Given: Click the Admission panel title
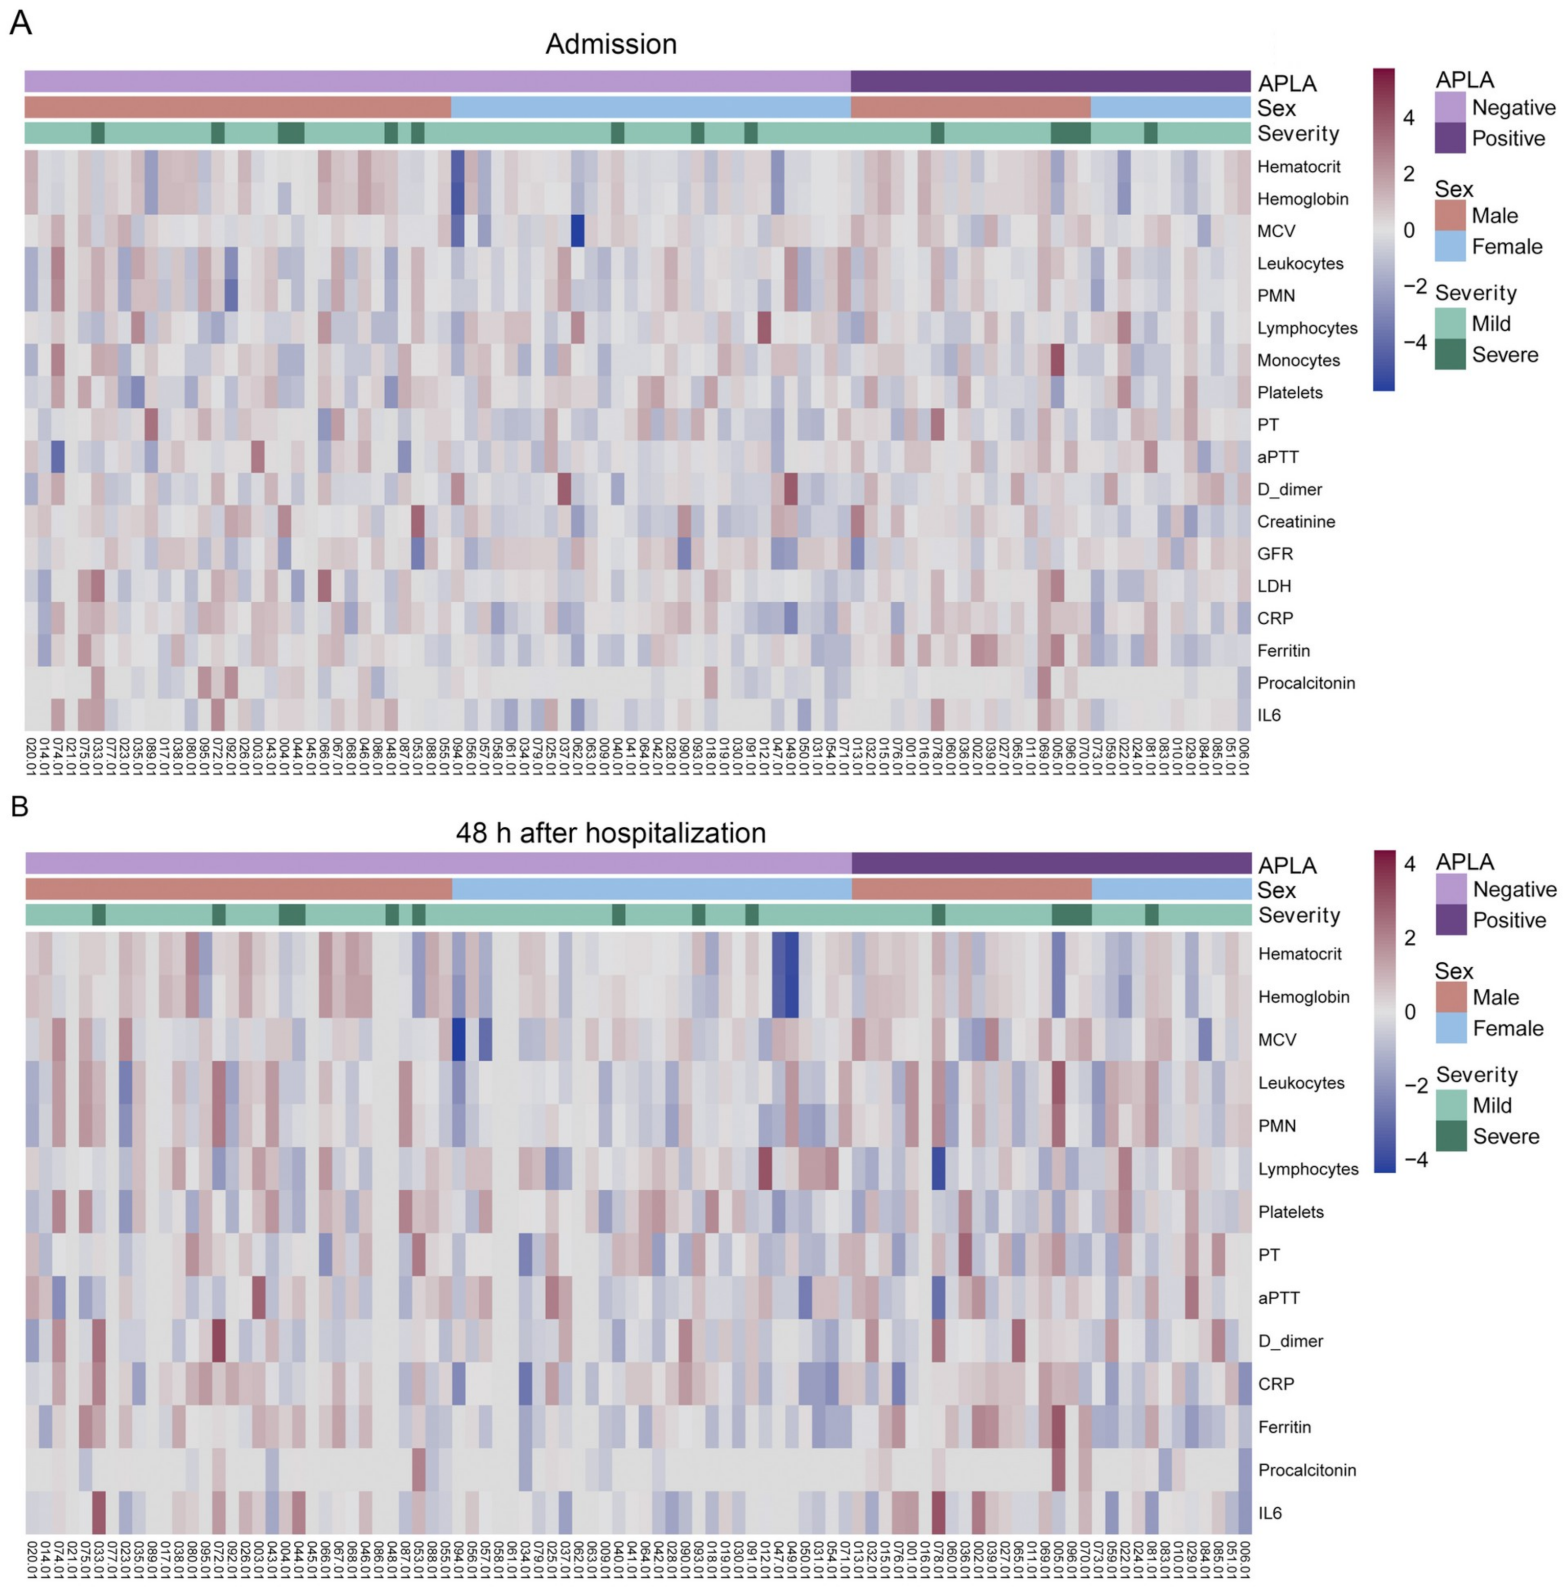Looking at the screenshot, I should tap(611, 44).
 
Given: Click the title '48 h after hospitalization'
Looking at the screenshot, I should tap(611, 833).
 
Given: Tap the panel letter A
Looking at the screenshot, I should tap(20, 23).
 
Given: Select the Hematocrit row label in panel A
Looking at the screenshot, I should tap(1298, 167).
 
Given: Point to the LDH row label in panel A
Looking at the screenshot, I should tap(1274, 586).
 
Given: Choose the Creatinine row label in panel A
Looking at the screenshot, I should tap(1296, 522).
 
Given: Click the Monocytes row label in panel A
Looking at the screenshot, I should tap(1298, 361).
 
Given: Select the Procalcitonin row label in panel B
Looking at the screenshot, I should tap(1306, 1469).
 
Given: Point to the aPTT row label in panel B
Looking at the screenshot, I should tap(1278, 1298).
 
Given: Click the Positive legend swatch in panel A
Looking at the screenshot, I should tap(1450, 138).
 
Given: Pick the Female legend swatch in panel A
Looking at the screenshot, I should tap(1450, 246).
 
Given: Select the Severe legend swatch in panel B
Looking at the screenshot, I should tap(1451, 1136).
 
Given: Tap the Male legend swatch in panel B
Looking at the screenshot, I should tap(1451, 997).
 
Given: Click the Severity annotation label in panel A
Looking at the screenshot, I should tap(1298, 133).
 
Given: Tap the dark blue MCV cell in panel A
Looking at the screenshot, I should tap(577, 231).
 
